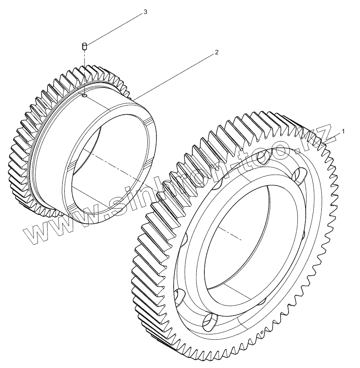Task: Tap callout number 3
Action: pyautogui.click(x=145, y=12)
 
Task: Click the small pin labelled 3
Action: pyautogui.click(x=85, y=47)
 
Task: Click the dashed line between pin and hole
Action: pyautogui.click(x=85, y=72)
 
